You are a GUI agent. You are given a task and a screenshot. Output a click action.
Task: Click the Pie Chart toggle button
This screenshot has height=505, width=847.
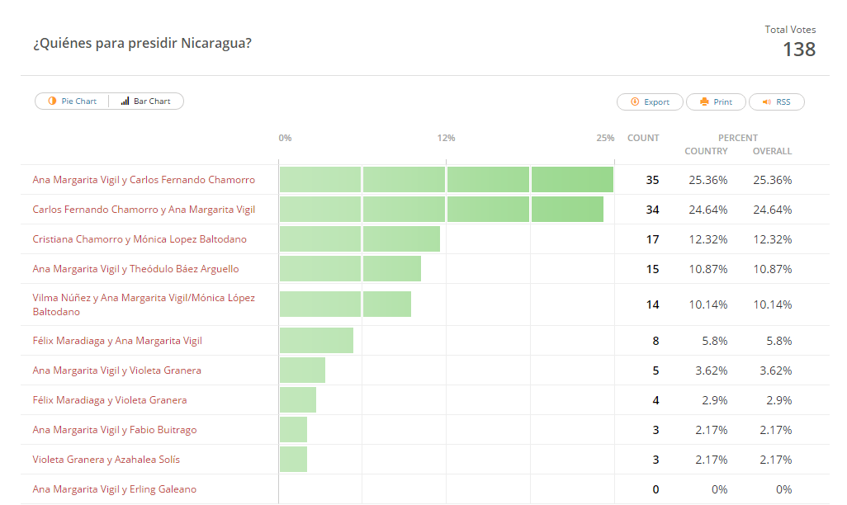tap(73, 101)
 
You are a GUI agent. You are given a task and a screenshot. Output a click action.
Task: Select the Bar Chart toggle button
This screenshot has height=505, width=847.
tap(146, 101)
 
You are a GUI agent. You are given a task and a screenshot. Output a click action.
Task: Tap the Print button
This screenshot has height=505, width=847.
tap(716, 102)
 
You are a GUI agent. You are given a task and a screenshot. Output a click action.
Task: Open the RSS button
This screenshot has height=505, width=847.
tap(776, 102)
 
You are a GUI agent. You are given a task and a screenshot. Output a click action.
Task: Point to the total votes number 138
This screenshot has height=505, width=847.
tap(798, 50)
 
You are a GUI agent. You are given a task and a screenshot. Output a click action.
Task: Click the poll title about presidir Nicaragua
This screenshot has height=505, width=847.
tap(142, 43)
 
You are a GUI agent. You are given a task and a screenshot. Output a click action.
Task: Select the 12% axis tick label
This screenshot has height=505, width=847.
tap(446, 138)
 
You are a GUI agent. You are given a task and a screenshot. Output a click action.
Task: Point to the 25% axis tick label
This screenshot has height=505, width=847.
tap(605, 138)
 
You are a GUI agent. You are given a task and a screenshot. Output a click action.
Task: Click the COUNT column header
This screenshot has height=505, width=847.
tap(643, 138)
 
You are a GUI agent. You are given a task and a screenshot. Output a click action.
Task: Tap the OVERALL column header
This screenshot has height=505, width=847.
tap(772, 151)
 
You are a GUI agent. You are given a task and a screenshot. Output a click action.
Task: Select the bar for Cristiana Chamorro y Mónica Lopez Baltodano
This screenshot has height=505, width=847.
tap(359, 239)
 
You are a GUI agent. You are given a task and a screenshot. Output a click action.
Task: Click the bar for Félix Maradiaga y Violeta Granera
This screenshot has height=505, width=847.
tap(298, 400)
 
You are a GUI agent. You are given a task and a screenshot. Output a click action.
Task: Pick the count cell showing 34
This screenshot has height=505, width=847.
tap(652, 210)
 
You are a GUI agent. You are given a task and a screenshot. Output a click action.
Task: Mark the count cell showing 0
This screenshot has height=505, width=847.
tap(655, 489)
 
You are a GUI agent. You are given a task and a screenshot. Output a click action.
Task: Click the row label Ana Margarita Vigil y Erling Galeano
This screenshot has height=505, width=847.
tap(115, 489)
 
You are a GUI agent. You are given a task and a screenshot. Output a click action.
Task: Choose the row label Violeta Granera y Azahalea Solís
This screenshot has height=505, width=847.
tap(106, 460)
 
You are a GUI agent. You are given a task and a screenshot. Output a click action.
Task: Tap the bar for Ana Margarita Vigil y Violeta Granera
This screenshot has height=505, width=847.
tap(302, 370)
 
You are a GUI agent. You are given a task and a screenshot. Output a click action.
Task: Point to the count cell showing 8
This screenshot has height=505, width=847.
tap(655, 341)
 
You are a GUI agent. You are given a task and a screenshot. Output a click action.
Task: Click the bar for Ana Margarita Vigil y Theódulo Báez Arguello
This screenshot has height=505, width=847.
tap(350, 269)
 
